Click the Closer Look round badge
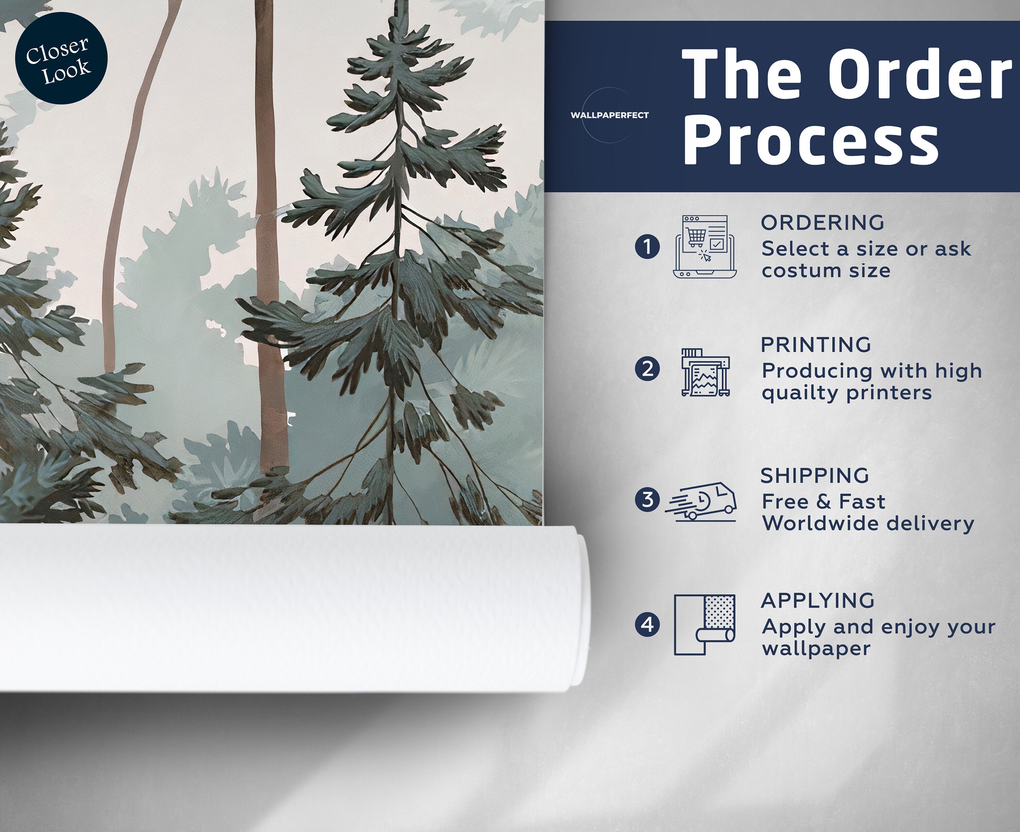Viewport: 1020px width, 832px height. (x=61, y=58)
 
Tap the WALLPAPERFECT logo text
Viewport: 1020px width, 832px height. (x=609, y=115)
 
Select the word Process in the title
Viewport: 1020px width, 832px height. (x=811, y=142)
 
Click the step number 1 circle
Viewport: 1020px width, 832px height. (x=647, y=247)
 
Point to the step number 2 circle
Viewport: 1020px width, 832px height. (x=647, y=369)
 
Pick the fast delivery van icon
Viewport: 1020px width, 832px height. (x=701, y=501)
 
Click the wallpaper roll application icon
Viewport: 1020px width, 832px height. (x=704, y=624)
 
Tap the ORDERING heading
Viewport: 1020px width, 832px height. (x=822, y=222)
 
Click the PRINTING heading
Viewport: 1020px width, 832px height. (x=816, y=345)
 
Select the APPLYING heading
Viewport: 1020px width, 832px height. (x=818, y=601)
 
